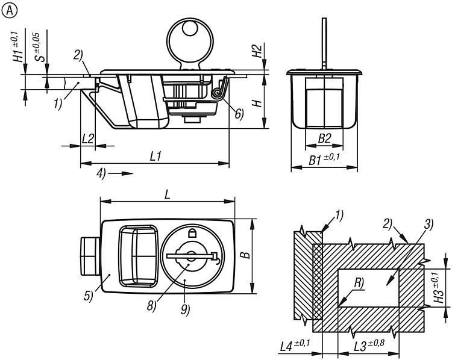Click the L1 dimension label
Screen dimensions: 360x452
point(155,156)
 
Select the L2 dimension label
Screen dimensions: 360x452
point(88,138)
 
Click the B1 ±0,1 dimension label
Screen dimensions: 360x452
point(324,160)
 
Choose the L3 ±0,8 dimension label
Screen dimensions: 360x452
point(368,346)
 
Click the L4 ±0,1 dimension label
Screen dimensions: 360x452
point(296,346)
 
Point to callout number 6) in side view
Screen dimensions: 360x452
point(239,114)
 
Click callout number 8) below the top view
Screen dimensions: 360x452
point(151,305)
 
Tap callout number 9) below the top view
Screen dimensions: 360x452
point(184,309)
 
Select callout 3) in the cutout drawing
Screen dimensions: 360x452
point(428,225)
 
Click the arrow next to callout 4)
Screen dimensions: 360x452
point(122,173)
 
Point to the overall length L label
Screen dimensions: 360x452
point(167,195)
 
